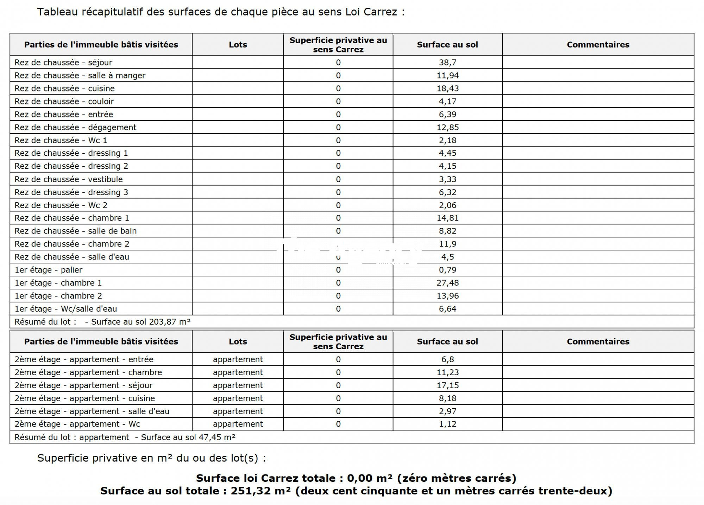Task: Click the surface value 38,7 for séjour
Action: tap(447, 63)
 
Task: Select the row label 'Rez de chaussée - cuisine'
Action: tap(64, 89)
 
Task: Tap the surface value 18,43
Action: tap(447, 89)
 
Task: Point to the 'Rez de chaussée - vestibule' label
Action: tap(69, 179)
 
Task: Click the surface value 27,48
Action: tap(447, 283)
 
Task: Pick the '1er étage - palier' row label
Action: tap(48, 270)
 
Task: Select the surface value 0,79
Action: tap(447, 270)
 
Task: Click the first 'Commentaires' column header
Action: tap(598, 45)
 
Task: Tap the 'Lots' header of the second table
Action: tap(238, 341)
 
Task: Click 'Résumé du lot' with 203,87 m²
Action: tap(102, 322)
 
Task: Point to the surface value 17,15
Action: tap(447, 385)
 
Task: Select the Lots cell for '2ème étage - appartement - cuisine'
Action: tap(238, 398)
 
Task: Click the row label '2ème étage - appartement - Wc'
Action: tap(77, 424)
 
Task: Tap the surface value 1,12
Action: tap(447, 424)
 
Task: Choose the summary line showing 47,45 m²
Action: tap(125, 437)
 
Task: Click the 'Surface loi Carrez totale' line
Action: tap(356, 478)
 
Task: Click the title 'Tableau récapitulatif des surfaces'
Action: tap(221, 12)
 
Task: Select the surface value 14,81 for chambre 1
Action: tap(447, 218)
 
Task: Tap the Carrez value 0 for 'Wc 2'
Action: tap(338, 205)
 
